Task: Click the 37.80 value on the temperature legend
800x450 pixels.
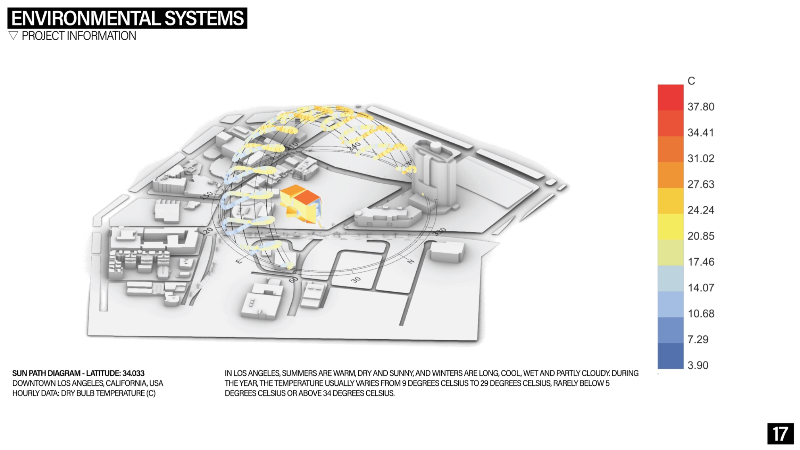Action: point(701,107)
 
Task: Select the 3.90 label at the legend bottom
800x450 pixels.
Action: point(698,365)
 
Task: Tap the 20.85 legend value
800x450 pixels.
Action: point(701,236)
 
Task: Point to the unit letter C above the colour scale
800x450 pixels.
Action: point(691,81)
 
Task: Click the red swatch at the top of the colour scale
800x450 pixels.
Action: point(670,97)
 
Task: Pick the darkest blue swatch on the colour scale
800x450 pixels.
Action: point(670,356)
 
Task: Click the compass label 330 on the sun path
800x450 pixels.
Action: point(440,232)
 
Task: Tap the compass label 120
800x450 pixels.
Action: point(207,231)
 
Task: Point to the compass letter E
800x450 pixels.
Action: point(239,261)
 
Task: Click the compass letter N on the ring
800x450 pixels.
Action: point(410,261)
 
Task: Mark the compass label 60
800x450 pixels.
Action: point(293,279)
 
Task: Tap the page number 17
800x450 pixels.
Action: point(780,434)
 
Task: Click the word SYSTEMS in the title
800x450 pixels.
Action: point(204,18)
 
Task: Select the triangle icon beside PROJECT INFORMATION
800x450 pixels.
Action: point(13,35)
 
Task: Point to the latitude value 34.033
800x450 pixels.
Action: point(133,373)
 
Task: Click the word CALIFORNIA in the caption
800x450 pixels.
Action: point(126,383)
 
